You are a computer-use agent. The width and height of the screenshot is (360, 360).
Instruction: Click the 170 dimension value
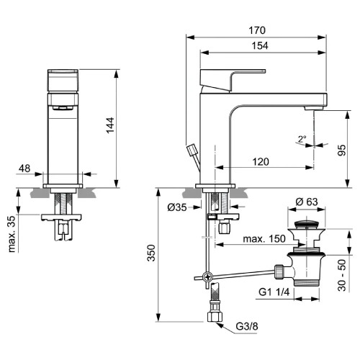click(257, 30)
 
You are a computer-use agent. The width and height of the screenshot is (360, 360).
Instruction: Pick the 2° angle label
click(302, 139)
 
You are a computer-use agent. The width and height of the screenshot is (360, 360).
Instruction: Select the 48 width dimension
click(24, 168)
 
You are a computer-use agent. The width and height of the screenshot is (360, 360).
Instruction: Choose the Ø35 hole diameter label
click(178, 208)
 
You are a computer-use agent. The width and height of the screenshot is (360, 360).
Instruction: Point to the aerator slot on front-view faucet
click(62, 107)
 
